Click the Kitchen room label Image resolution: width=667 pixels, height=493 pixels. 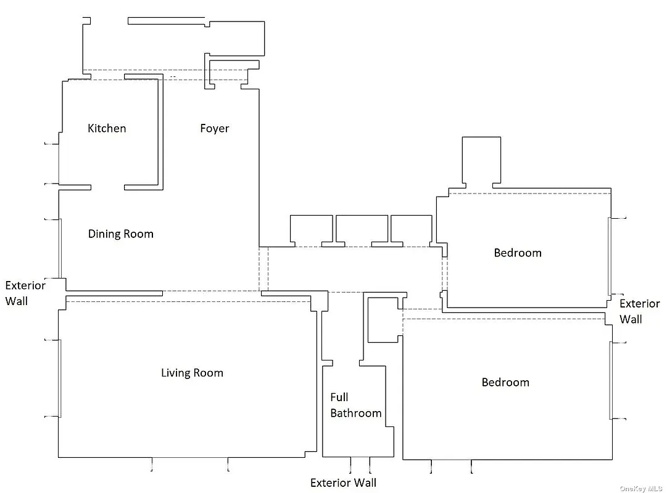tap(107, 128)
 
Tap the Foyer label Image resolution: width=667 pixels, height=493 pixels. tap(214, 128)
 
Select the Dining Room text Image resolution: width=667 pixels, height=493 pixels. tap(120, 234)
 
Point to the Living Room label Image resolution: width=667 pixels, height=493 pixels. tap(192, 373)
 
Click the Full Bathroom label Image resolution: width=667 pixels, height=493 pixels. tap(355, 405)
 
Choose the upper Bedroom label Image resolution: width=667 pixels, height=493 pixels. tap(517, 253)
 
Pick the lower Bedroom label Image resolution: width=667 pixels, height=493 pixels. tap(505, 382)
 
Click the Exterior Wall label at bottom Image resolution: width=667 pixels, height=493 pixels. tap(343, 483)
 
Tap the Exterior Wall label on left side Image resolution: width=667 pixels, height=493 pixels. tap(25, 293)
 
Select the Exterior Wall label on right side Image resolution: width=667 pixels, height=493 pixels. tap(639, 311)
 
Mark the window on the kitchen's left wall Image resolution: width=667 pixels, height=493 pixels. tap(59, 164)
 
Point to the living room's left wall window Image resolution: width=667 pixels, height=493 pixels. tap(60, 378)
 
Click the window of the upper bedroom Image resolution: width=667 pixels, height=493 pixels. tap(609, 256)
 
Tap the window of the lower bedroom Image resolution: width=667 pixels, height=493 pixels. tap(611, 380)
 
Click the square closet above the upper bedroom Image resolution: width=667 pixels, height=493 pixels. tap(481, 160)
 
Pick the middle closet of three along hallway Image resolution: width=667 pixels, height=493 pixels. tap(362, 229)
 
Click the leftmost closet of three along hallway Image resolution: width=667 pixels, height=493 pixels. tap(311, 229)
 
